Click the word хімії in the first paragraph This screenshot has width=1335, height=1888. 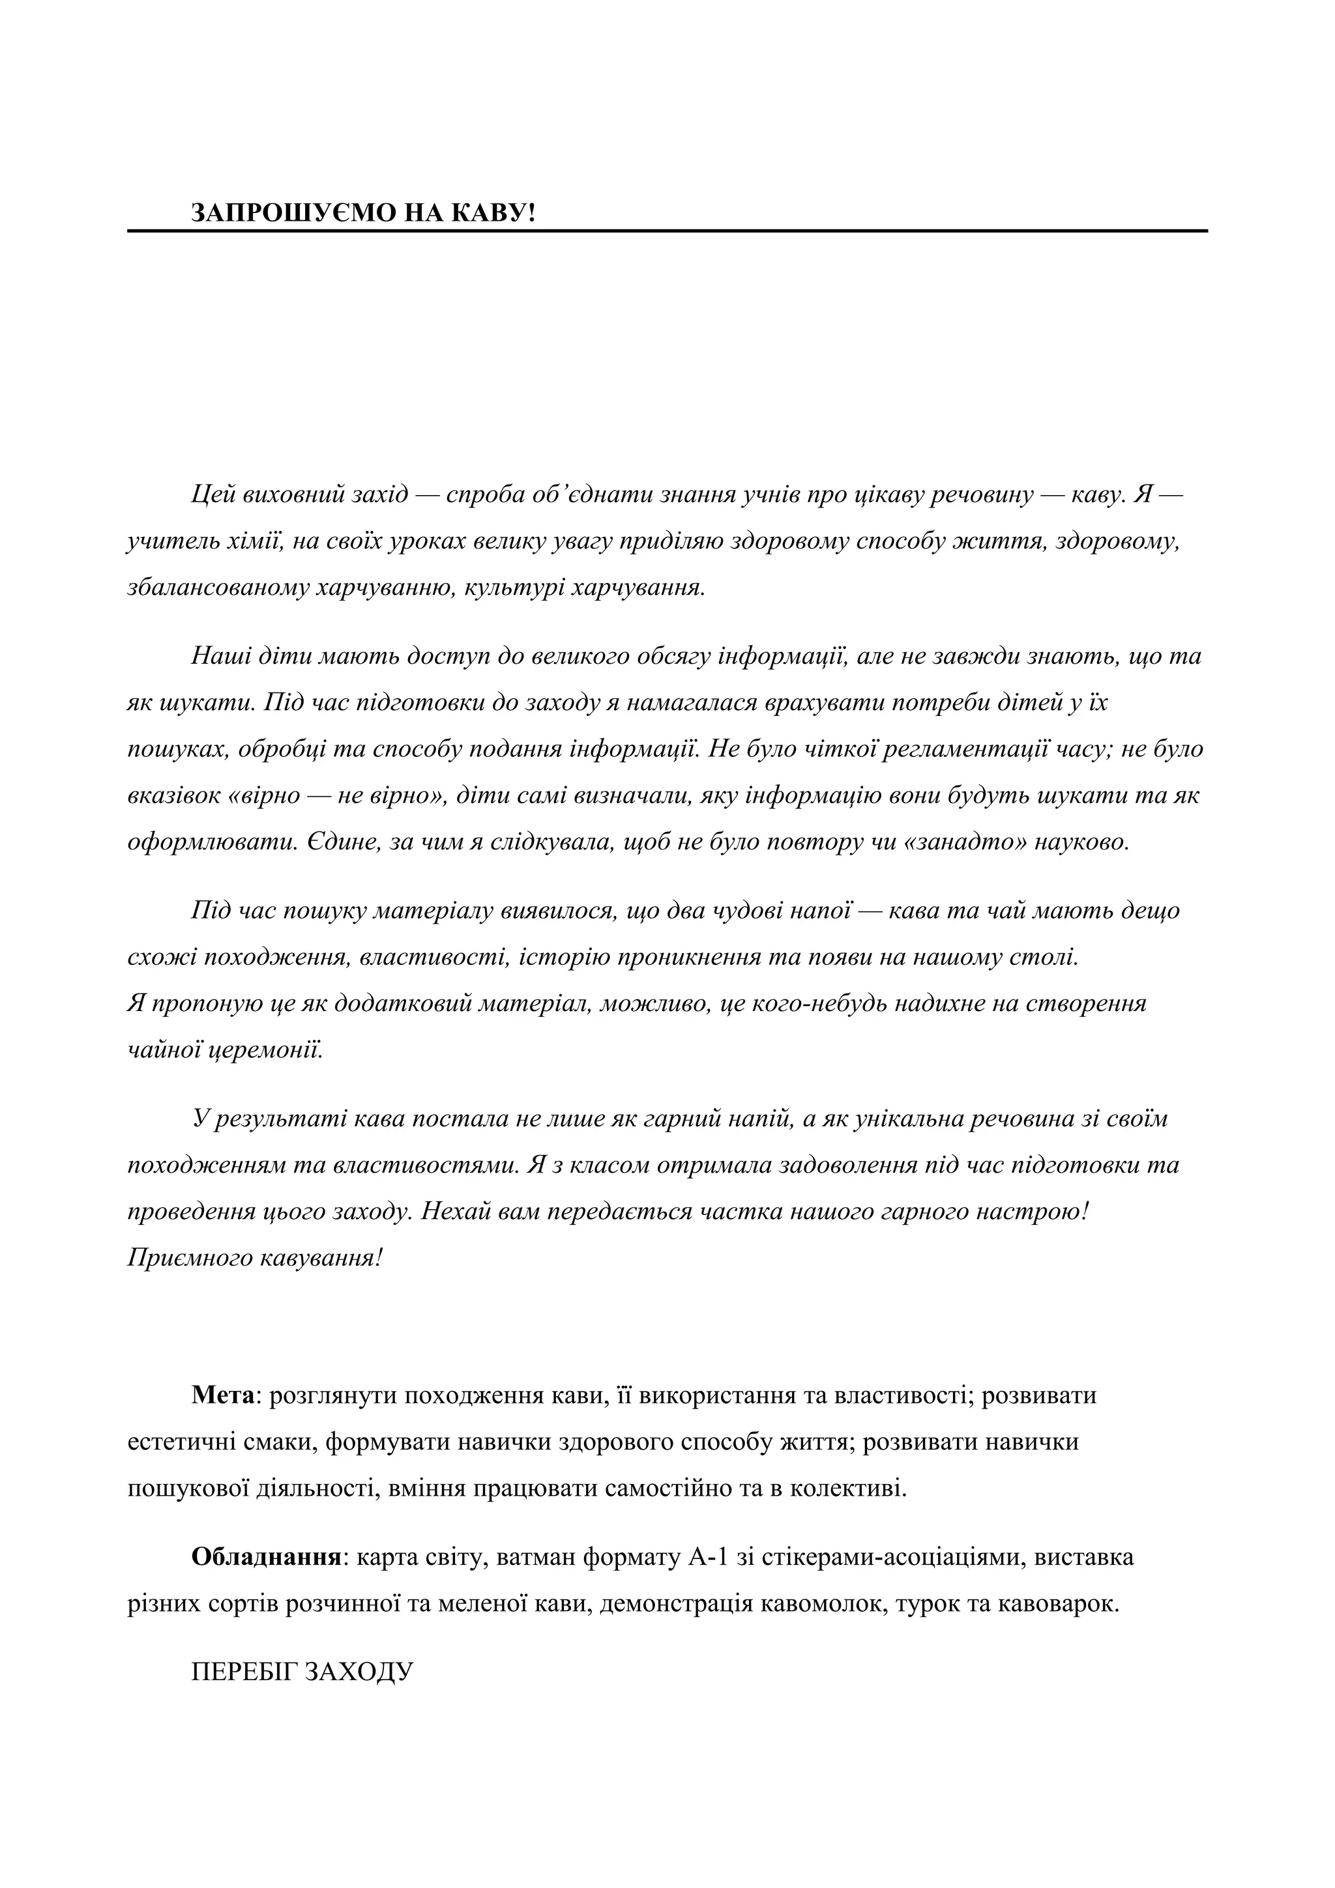250,542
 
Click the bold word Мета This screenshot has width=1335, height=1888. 224,1395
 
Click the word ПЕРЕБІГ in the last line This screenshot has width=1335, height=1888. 242,1672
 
